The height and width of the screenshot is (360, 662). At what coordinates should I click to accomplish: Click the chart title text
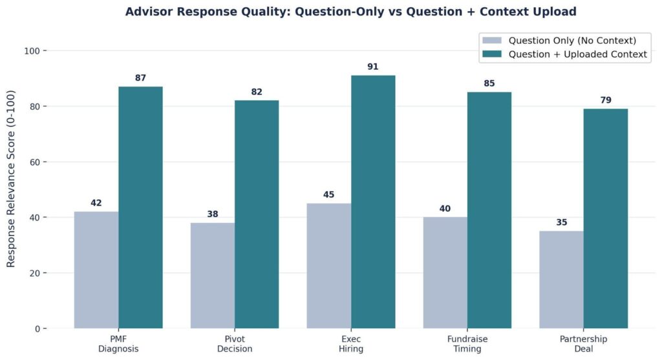[x=351, y=12]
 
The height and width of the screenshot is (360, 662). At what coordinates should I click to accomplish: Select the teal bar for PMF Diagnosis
[x=140, y=207]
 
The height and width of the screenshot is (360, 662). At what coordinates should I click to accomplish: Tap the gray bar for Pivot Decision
[x=213, y=275]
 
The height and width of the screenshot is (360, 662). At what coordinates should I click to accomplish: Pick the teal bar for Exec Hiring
[x=373, y=202]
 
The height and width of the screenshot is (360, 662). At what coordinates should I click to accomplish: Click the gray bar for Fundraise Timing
[x=445, y=273]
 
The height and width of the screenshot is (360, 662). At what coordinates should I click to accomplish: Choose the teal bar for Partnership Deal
[x=606, y=218]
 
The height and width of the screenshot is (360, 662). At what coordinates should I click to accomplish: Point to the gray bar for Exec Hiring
[x=329, y=266]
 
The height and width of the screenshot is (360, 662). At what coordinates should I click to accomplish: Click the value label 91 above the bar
[x=373, y=67]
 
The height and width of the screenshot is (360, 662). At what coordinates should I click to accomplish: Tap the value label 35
[x=562, y=222]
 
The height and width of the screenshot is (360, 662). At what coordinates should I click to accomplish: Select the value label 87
[x=140, y=78]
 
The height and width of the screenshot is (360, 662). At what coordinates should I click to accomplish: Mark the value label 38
[x=213, y=214]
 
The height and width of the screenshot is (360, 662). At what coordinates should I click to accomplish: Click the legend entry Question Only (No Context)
[x=572, y=41]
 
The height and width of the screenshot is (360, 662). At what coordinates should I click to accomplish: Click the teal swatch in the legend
[x=492, y=54]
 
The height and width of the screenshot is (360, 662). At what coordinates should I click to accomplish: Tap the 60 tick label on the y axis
[x=35, y=162]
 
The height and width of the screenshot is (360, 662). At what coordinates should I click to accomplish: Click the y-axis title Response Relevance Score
[x=10, y=178]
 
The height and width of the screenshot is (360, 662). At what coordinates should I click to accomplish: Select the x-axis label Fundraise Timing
[x=467, y=344]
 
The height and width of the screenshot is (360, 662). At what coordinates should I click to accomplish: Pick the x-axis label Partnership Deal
[x=584, y=344]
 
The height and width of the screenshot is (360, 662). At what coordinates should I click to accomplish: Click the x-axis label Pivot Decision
[x=235, y=344]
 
